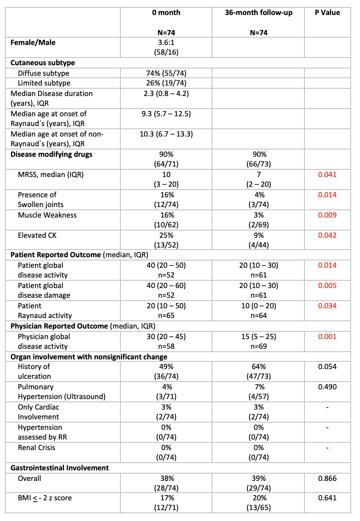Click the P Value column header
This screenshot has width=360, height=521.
328,13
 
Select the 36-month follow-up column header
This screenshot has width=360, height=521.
258,13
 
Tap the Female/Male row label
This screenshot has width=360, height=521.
33,43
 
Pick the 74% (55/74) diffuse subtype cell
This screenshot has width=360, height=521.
166,73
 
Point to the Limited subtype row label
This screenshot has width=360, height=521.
44,83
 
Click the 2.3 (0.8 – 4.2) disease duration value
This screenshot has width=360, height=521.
166,94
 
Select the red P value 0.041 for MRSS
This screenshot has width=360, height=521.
328,175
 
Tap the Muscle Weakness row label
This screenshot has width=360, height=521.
47,215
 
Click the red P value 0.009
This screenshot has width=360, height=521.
328,215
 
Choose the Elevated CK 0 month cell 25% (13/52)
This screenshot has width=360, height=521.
166,240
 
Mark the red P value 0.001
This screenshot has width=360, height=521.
328,337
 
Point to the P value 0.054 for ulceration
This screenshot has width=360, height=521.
328,367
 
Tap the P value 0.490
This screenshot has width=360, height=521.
328,387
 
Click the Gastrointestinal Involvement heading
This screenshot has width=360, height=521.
60,468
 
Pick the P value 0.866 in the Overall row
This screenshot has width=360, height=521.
328,478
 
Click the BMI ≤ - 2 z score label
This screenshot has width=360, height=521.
45,498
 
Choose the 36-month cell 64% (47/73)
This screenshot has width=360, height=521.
258,372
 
